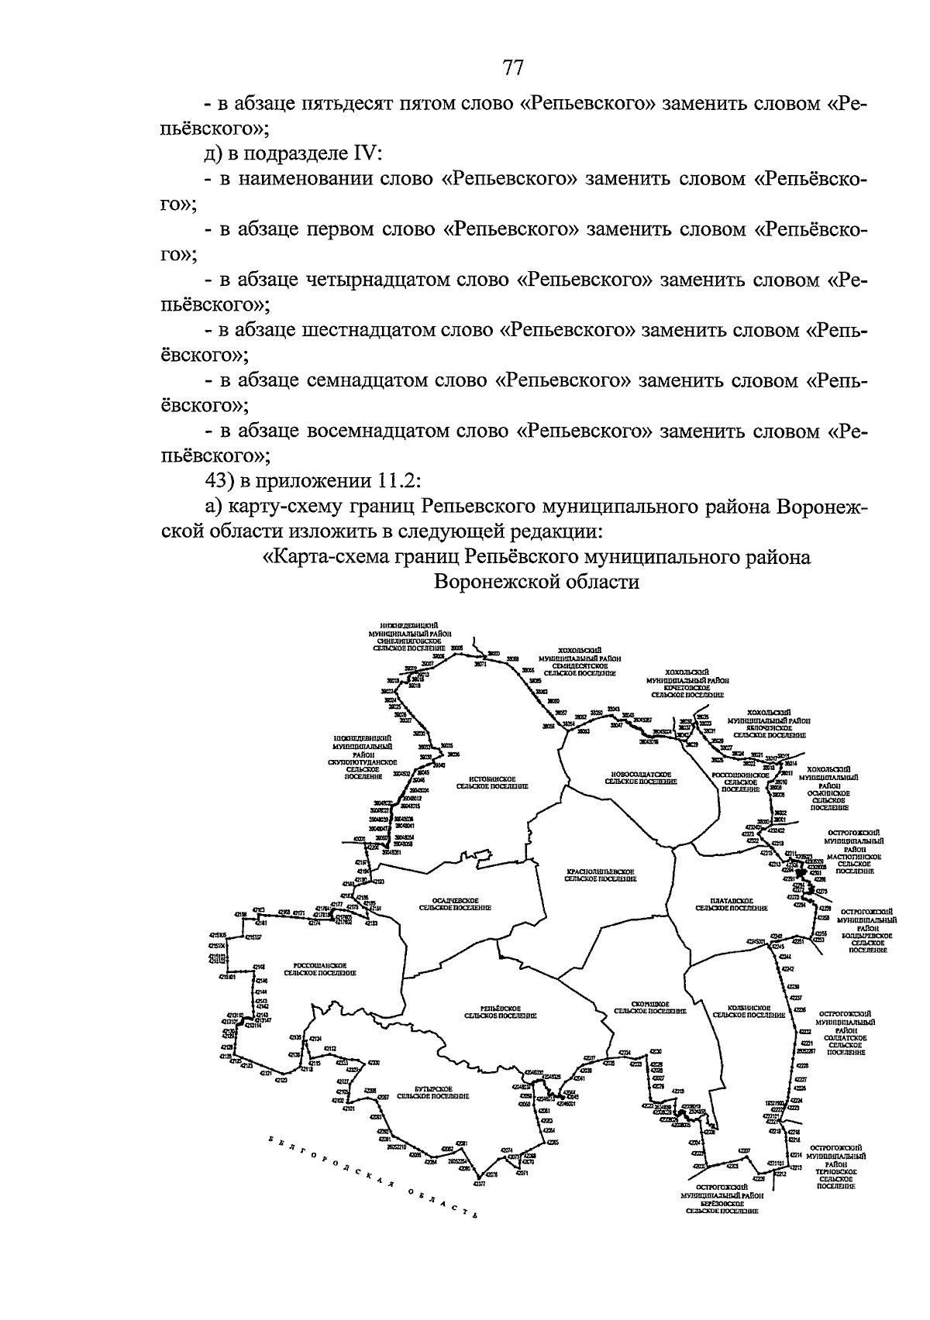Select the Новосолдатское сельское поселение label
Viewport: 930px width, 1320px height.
640,778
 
